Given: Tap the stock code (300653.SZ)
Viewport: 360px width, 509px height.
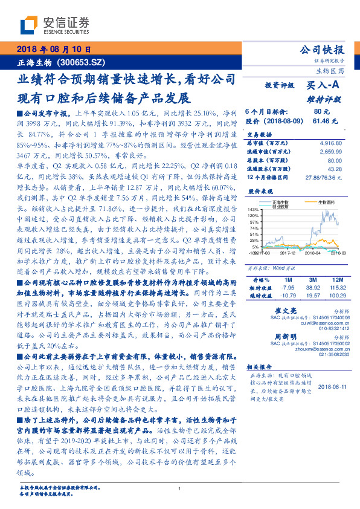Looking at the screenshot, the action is tap(82, 62).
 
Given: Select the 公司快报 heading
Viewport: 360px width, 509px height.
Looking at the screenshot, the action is tap(322, 50).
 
